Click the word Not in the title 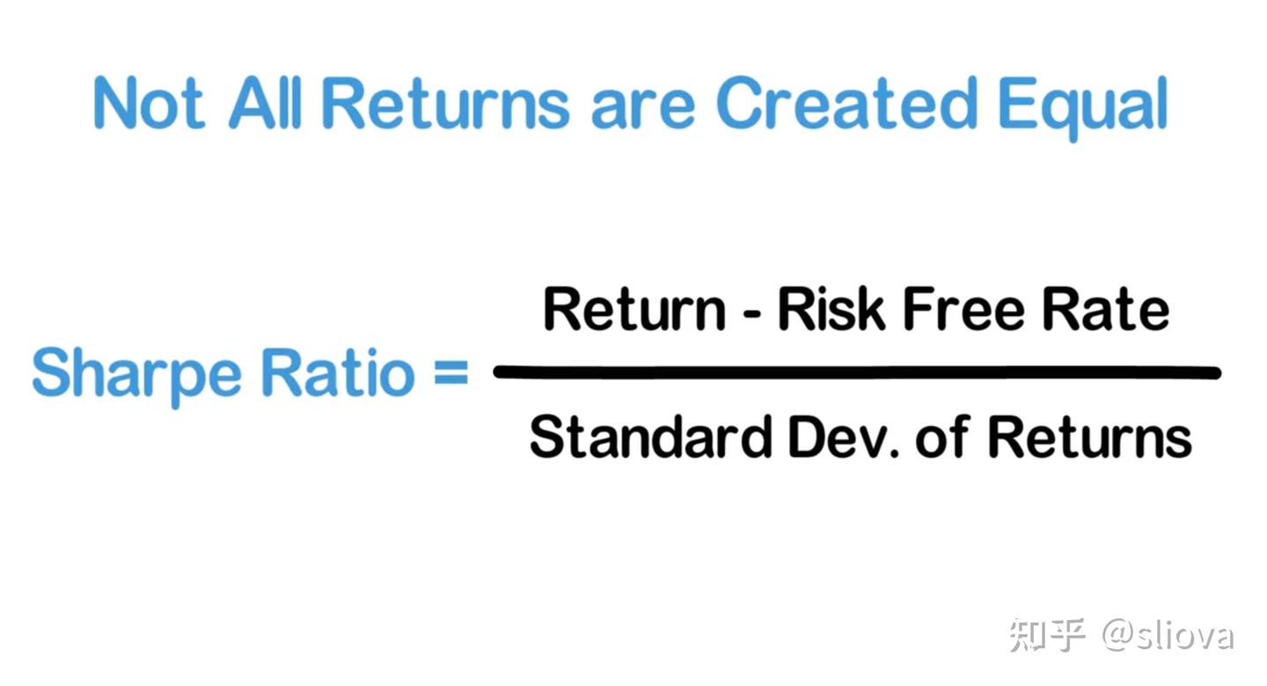149,102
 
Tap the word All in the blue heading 265,102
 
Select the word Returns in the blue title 446,102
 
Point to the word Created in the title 846,102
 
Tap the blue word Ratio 338,372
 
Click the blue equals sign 450,372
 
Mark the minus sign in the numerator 751,313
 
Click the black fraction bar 857,372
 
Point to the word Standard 650,436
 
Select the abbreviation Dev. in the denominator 844,436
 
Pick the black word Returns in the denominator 1090,436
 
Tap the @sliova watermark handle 1168,635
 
